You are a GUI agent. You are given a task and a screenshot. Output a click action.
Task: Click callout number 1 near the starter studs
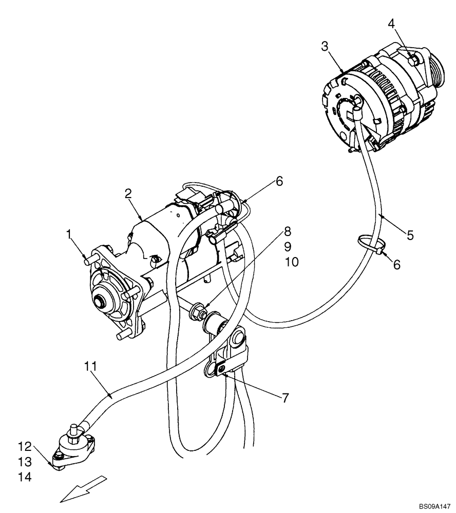[69, 234]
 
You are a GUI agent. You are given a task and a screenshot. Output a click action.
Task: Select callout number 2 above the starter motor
[128, 193]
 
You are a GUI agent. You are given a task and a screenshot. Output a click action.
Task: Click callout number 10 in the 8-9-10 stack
[291, 262]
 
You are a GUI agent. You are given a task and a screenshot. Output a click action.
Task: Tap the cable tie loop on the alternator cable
[369, 241]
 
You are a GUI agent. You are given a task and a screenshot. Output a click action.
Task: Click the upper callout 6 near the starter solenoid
[279, 181]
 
